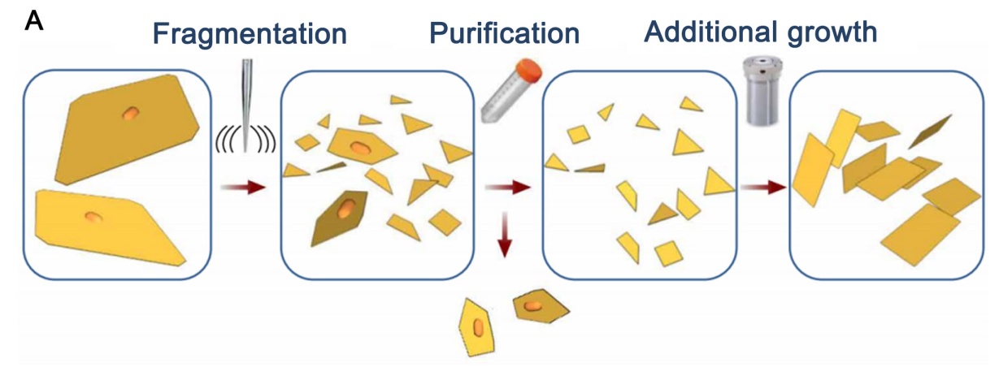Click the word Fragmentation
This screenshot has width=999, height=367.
[250, 34]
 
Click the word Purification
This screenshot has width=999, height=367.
[504, 34]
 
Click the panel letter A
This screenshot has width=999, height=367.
[34, 20]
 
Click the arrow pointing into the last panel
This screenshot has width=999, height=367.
[763, 188]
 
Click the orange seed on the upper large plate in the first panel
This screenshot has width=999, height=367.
[129, 114]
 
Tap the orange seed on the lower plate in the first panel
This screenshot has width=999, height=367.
[93, 217]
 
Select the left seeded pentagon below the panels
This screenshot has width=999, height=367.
[478, 326]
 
